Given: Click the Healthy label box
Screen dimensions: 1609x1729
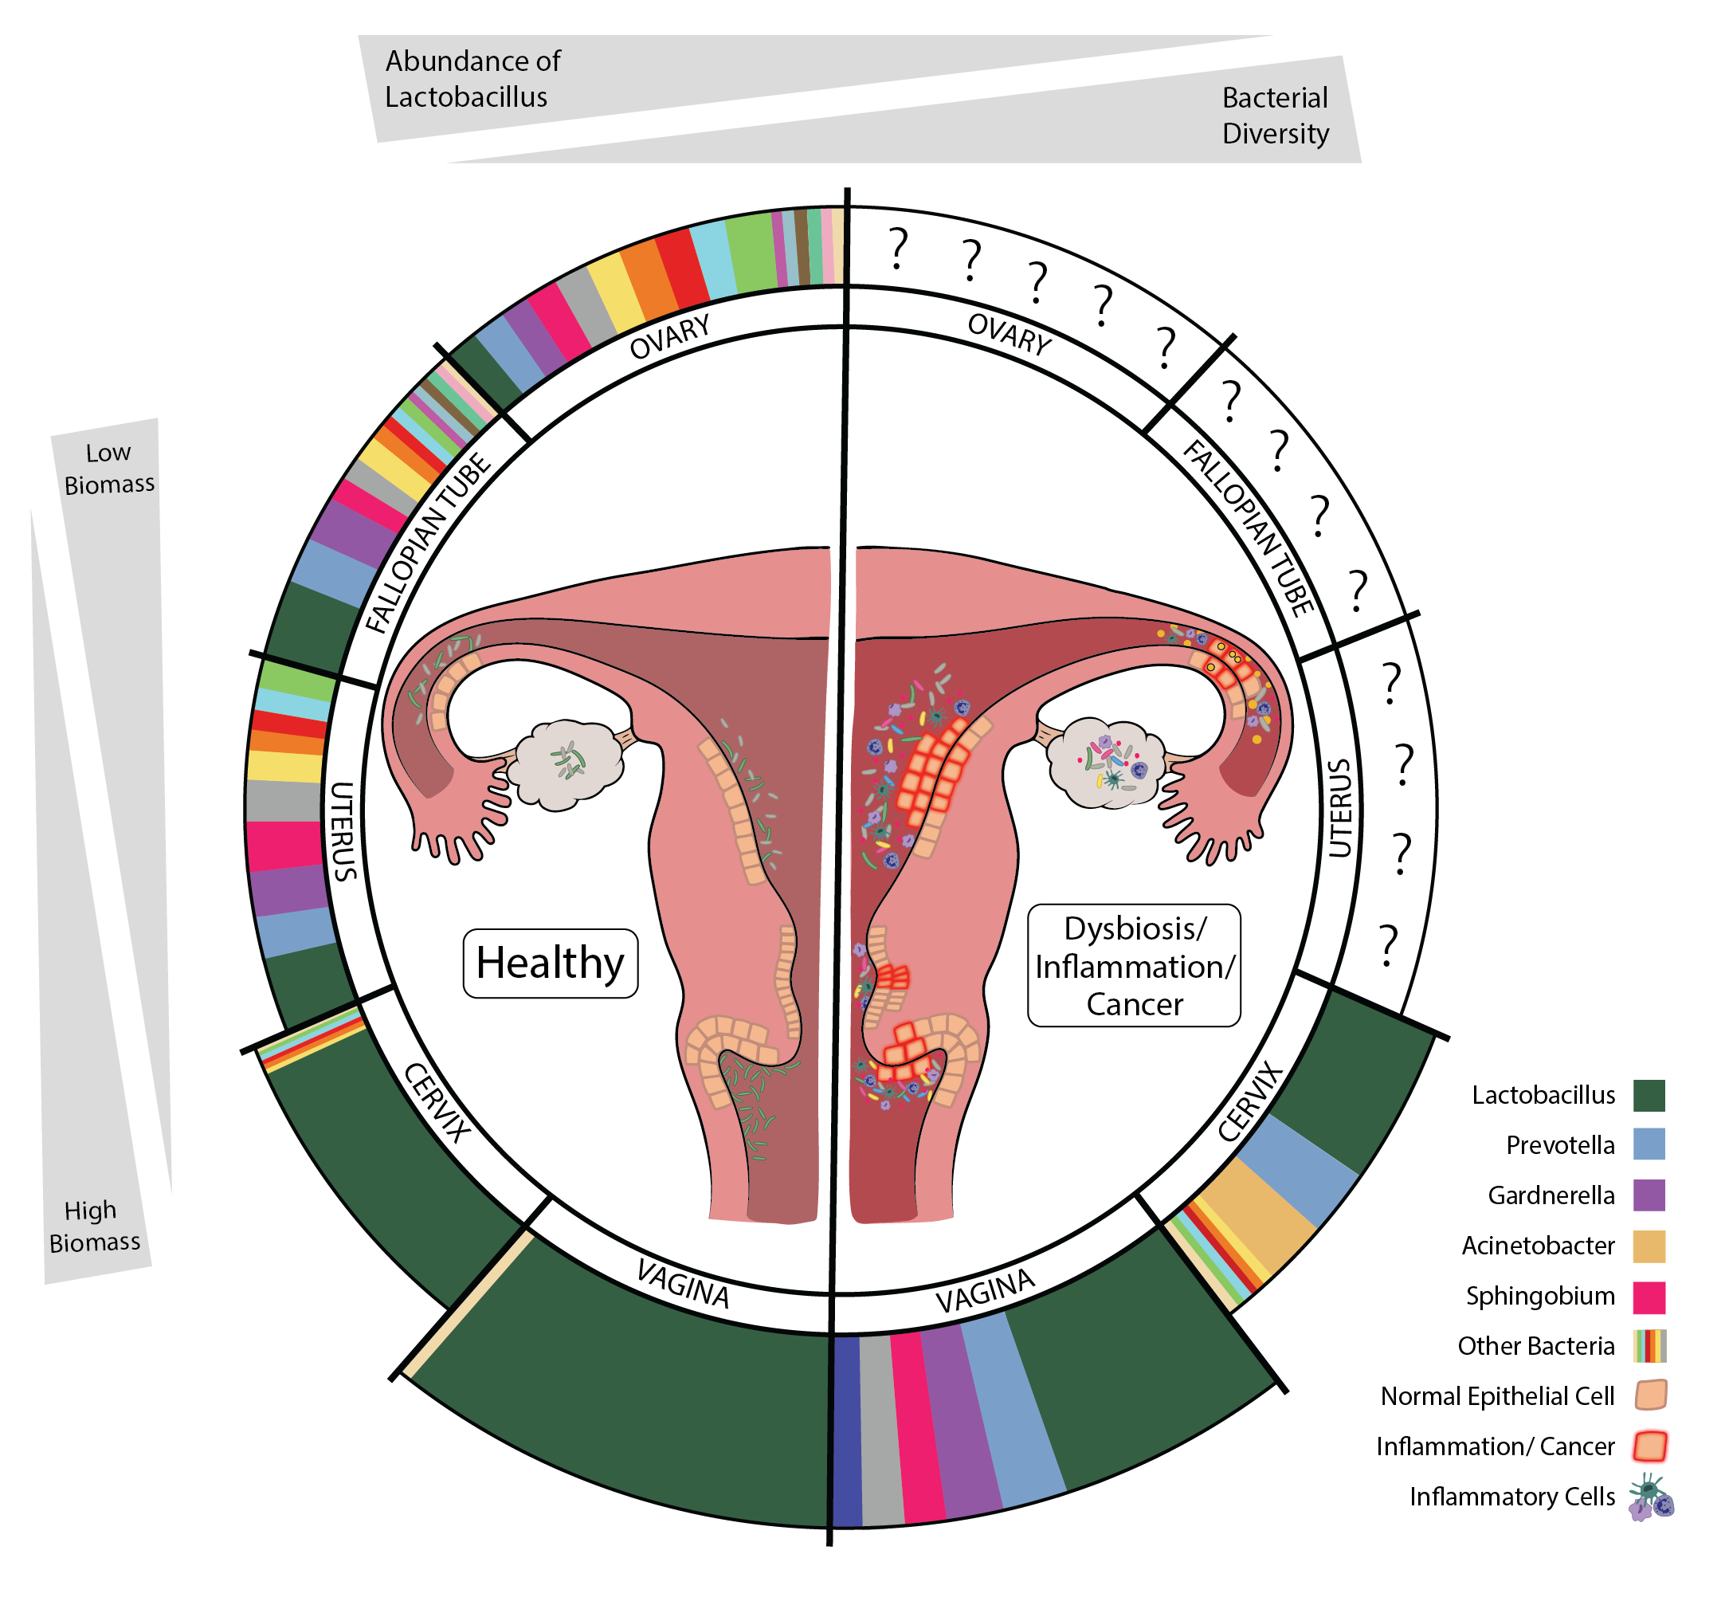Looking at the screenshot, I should click(x=550, y=963).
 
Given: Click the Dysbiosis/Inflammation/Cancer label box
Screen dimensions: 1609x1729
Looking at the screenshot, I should click(x=1133, y=965).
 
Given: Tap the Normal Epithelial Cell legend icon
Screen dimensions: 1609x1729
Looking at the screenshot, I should click(x=1650, y=1395).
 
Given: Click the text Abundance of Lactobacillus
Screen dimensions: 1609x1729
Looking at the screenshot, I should click(x=472, y=79).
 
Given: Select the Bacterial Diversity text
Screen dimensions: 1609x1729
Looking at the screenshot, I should click(x=1274, y=116).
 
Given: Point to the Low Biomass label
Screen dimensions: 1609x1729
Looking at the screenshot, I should click(x=108, y=468).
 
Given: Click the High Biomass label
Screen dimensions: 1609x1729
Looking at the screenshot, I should click(x=94, y=1226).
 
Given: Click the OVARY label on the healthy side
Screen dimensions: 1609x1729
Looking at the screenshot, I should click(x=669, y=336).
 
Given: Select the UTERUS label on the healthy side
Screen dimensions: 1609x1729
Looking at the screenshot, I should click(x=343, y=830).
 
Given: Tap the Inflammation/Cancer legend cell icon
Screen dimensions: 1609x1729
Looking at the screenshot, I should click(x=1650, y=1446).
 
